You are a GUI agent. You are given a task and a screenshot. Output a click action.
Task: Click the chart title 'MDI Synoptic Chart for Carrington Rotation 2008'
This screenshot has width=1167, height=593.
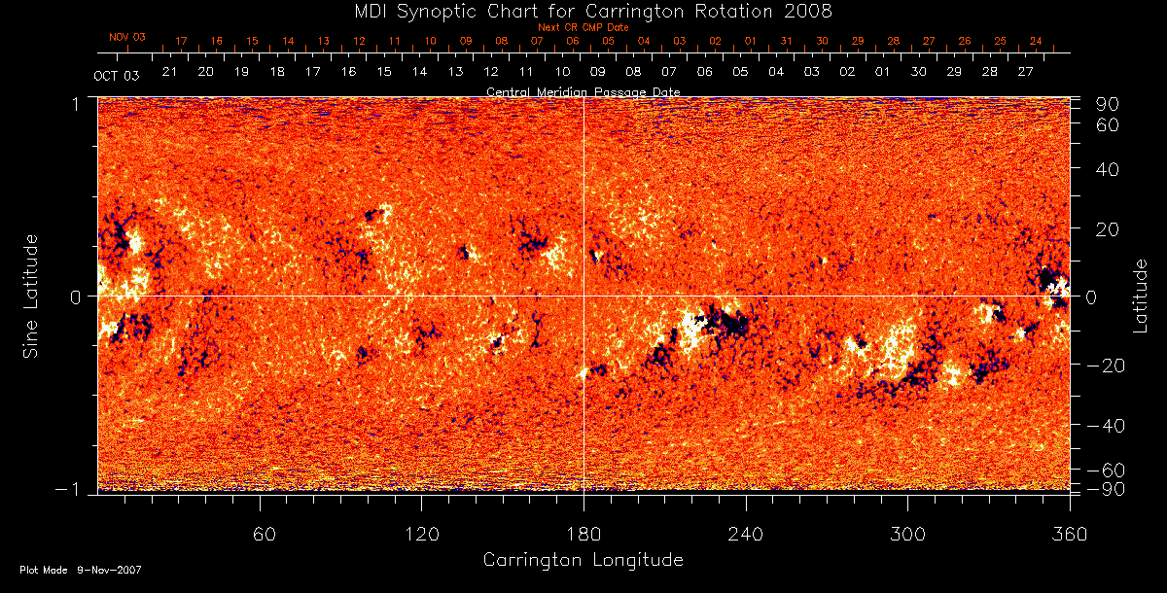pyautogui.click(x=583, y=11)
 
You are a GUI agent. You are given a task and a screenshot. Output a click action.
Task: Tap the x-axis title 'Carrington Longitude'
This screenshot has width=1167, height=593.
pyautogui.click(x=583, y=560)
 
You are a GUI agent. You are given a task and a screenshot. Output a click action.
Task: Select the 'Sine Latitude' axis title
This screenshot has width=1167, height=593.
pyautogui.click(x=31, y=296)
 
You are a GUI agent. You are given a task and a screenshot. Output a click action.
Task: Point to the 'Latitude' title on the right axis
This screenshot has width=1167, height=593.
pyautogui.click(x=1141, y=296)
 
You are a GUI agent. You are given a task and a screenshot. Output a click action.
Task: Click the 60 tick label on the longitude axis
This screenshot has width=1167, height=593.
pyautogui.click(x=260, y=533)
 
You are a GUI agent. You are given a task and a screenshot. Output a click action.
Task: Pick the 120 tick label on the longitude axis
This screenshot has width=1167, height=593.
pyautogui.click(x=421, y=533)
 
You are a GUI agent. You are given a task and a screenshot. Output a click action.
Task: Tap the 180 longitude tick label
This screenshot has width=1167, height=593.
pyautogui.click(x=583, y=533)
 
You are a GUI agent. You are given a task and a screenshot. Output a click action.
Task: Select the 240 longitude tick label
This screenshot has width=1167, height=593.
pyautogui.click(x=746, y=533)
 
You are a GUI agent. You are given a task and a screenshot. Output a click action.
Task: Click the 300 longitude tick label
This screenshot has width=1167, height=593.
pyautogui.click(x=907, y=533)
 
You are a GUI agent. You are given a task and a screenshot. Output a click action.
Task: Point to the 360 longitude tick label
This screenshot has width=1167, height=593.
pyautogui.click(x=1070, y=533)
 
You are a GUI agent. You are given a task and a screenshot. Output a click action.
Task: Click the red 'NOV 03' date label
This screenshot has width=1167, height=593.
pyautogui.click(x=127, y=37)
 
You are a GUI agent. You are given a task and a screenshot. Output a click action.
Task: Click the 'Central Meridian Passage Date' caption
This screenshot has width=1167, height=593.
pyautogui.click(x=583, y=91)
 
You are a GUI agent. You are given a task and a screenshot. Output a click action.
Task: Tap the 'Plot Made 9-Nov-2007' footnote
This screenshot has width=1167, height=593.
pyautogui.click(x=81, y=570)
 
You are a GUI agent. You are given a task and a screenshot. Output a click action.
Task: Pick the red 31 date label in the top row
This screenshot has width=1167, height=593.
pyautogui.click(x=786, y=41)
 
